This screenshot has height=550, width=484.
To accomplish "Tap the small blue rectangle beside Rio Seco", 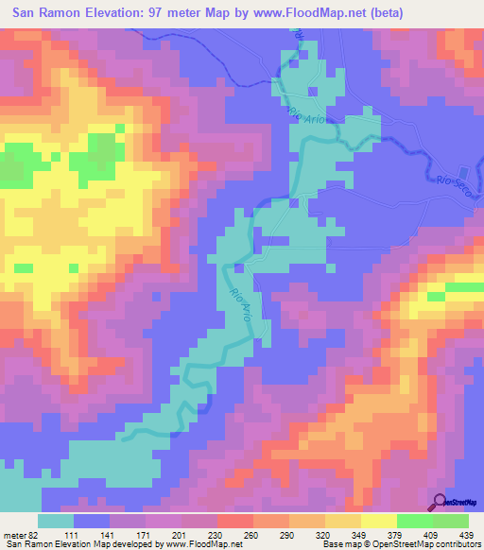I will [x=462, y=173].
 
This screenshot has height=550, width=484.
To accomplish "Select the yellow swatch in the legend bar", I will [x=379, y=521].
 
